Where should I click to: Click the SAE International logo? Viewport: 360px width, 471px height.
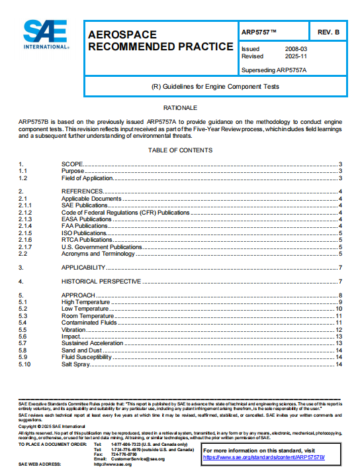pyautogui.click(x=46, y=35)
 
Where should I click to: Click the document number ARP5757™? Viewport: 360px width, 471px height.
pyautogui.click(x=259, y=32)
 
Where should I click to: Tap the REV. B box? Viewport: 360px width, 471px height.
pyautogui.click(x=328, y=32)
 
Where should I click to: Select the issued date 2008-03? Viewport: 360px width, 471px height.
pyautogui.click(x=296, y=49)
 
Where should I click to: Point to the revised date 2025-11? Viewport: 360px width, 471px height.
pyautogui.click(x=296, y=56)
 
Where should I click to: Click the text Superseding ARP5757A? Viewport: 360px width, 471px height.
pyautogui.click(x=274, y=69)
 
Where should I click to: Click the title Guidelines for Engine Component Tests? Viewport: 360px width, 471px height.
pyautogui.click(x=216, y=87)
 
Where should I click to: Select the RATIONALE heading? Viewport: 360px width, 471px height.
pyautogui.click(x=180, y=107)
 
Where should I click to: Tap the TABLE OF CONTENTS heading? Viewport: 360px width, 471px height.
pyautogui.click(x=180, y=150)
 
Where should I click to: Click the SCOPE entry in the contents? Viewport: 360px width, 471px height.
pyautogui.click(x=72, y=164)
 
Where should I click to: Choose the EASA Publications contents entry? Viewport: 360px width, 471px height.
pyautogui.click(x=87, y=219)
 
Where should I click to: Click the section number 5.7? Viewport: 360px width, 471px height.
pyautogui.click(x=24, y=344)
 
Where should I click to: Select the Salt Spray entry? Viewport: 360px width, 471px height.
pyautogui.click(x=76, y=364)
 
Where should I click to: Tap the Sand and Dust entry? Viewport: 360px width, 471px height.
pyautogui.click(x=81, y=350)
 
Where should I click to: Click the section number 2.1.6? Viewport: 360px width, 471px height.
pyautogui.click(x=25, y=239)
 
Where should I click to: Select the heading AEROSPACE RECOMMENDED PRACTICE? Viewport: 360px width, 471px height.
pyautogui.click(x=160, y=40)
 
